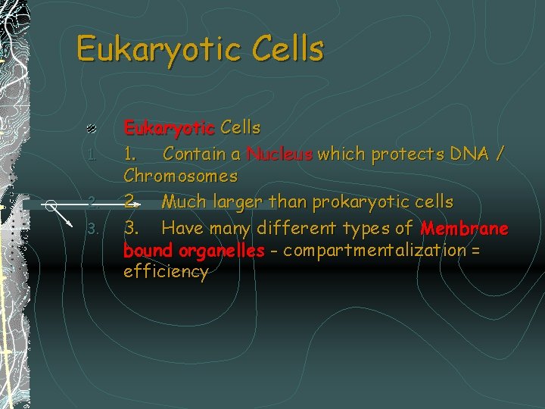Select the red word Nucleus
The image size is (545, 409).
click(x=279, y=155)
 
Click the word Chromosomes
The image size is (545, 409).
click(x=180, y=176)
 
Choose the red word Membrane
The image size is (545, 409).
click(x=464, y=227)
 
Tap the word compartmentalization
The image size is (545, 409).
click(x=372, y=250)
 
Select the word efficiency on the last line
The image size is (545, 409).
click(x=165, y=272)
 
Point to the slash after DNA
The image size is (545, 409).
click(x=498, y=155)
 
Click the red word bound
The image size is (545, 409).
click(x=148, y=250)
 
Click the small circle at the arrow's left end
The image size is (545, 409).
click(x=50, y=204)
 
